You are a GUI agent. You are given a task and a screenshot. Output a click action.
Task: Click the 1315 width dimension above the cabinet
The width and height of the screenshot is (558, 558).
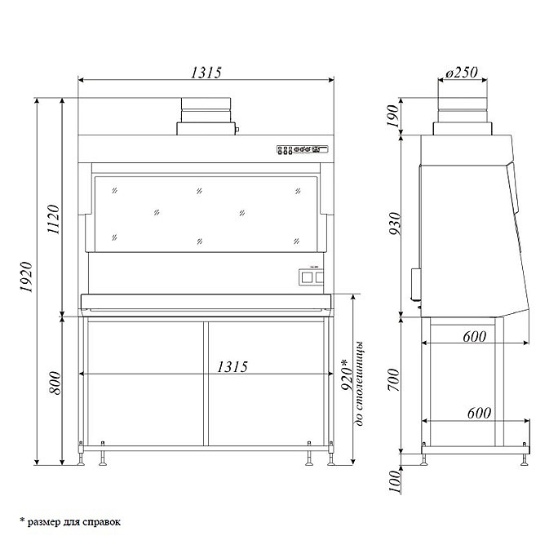pyautogui.click(x=206, y=72)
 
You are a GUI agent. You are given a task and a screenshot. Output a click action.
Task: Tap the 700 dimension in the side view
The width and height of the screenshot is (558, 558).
pyautogui.click(x=394, y=384)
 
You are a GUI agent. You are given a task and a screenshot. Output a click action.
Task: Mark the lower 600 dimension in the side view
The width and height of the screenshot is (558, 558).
pyautogui.click(x=479, y=413)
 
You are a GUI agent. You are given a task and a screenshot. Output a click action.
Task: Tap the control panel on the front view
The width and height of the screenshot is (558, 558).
pyautogui.click(x=302, y=149)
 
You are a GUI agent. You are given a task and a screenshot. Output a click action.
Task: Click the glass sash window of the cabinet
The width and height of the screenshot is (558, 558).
pyautogui.click(x=206, y=212)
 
